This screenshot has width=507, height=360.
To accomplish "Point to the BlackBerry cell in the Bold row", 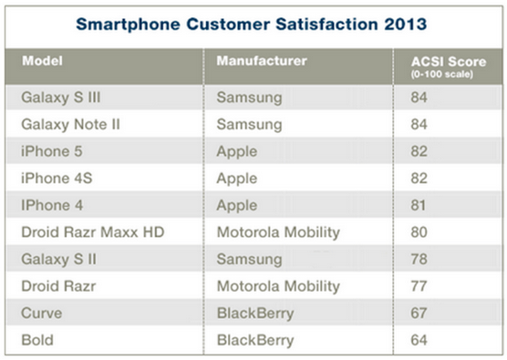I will click(x=254, y=341).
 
